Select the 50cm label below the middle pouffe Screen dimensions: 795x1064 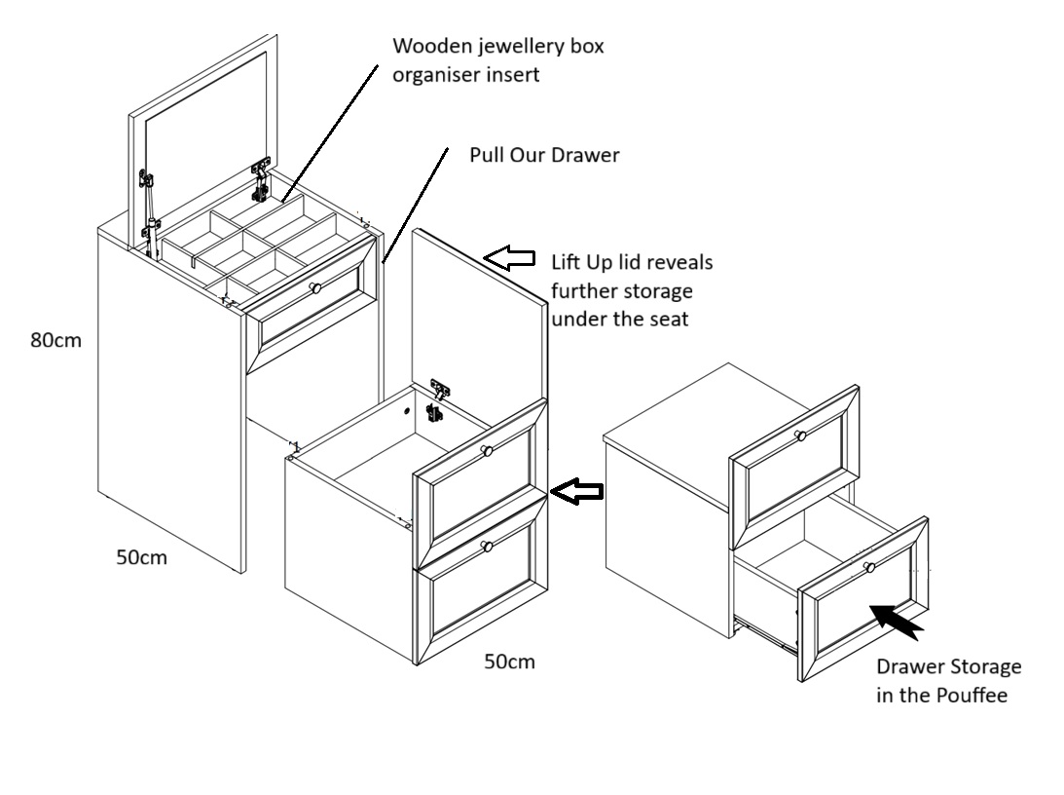509,662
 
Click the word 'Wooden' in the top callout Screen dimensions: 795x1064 426,47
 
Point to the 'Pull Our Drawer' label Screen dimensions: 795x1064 544,155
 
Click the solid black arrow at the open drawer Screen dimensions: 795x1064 898,621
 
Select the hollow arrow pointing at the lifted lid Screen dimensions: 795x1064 511,257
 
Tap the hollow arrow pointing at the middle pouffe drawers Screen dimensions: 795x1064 576,491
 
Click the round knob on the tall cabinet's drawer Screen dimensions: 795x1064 314,287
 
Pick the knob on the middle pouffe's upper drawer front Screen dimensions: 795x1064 487,450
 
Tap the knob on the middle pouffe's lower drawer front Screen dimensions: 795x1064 487,547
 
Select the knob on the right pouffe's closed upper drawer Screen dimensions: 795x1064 800,435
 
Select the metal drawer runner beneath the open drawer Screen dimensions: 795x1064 764,637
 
